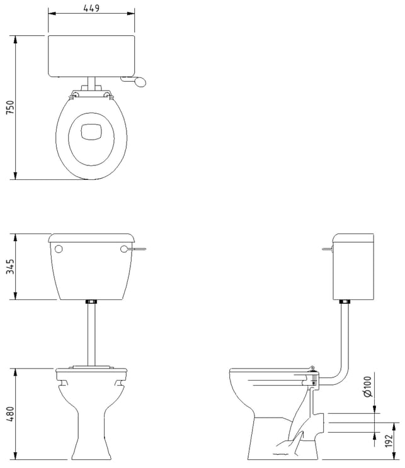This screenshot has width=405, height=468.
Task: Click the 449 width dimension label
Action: pos(91,8)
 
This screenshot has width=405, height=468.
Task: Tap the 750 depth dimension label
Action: pos(10,108)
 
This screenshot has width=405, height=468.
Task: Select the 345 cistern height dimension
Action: pos(10,267)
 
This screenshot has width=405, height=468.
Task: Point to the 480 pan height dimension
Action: pos(10,414)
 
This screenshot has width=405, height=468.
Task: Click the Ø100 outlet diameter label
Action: pos(368,386)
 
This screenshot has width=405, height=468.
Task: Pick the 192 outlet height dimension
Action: pos(389,441)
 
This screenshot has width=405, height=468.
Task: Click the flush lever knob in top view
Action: pos(140,82)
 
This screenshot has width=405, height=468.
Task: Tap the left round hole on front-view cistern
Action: pos(59,248)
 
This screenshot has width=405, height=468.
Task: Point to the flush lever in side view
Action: pos(328,248)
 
